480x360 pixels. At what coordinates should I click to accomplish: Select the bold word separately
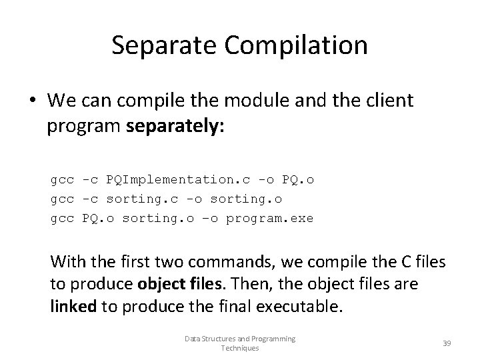tap(175, 127)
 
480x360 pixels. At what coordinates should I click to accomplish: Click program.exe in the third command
tap(269, 218)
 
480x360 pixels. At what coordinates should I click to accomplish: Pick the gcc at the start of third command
tap(62, 218)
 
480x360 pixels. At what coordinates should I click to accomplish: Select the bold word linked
tap(73, 306)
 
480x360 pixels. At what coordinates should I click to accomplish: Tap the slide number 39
tap(447, 343)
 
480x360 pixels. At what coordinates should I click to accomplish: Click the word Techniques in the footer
tap(240, 348)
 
